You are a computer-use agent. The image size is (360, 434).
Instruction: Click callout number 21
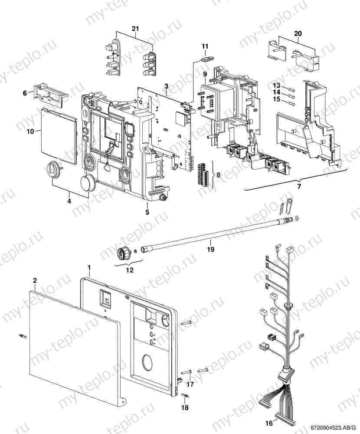pyautogui.click(x=135, y=28)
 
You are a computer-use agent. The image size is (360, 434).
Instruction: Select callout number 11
pyautogui.click(x=205, y=46)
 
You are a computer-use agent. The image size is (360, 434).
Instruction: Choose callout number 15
pyautogui.click(x=276, y=100)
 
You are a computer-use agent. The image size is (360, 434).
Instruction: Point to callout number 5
pyautogui.click(x=147, y=212)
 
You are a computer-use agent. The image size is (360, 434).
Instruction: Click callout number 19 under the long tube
pyautogui.click(x=210, y=250)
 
